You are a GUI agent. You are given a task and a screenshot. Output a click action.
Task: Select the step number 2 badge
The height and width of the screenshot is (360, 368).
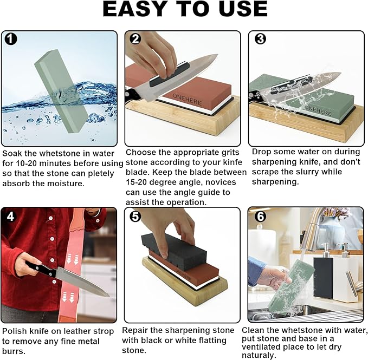click(x=135, y=40)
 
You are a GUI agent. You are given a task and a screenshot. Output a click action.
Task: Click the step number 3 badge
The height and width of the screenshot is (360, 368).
click(x=260, y=40)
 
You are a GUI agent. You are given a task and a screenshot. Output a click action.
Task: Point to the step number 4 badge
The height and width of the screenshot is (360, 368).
click(x=11, y=217)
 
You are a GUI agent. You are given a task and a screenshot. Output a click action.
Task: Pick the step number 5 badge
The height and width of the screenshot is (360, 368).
click(x=135, y=217)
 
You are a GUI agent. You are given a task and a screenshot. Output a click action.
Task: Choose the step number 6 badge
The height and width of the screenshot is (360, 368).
click(x=260, y=217)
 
